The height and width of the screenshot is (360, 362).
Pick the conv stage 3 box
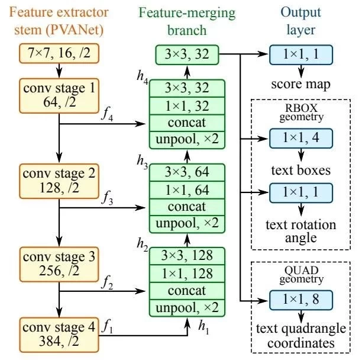click(x=58, y=265)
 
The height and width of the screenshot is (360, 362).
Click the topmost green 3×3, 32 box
click(x=188, y=54)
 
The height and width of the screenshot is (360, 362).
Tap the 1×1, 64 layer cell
click(x=188, y=190)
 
